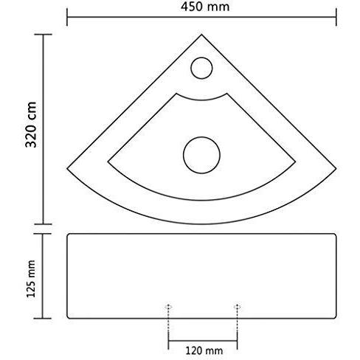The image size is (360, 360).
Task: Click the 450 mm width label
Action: [205, 7]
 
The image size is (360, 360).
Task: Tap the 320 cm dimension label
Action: [31, 125]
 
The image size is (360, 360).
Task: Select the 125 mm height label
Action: [31, 279]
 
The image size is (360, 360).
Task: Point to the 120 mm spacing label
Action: [204, 350]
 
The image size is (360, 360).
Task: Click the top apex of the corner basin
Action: [201, 35]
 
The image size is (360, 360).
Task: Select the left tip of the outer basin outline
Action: [67, 168]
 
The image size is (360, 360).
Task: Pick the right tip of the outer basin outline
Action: [336, 168]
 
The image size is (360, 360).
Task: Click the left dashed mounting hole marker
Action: [168, 307]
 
